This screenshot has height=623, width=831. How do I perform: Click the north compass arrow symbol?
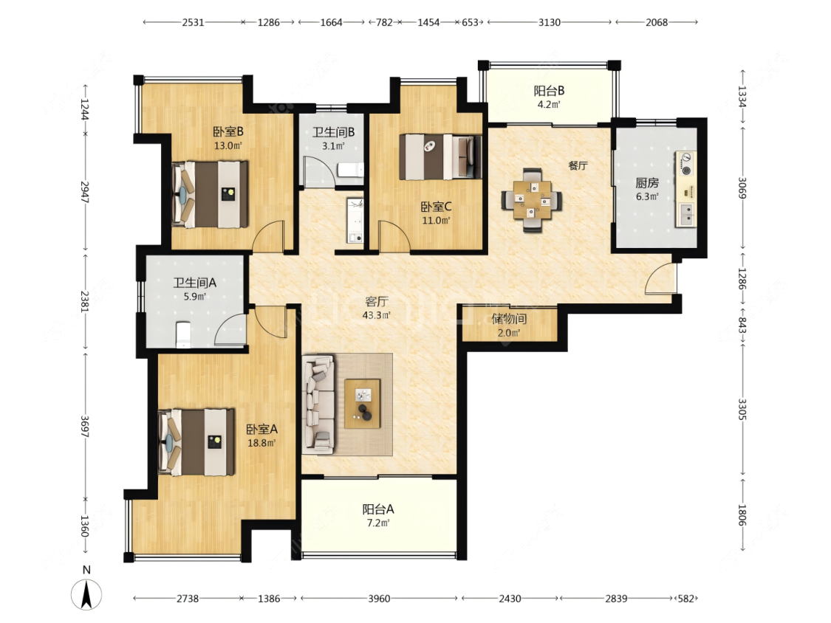[x=86, y=594]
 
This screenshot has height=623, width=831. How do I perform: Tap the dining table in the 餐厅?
[x=532, y=200]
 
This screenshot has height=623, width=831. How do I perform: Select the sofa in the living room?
[x=318, y=405]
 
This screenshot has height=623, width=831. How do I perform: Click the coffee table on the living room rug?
[x=363, y=404]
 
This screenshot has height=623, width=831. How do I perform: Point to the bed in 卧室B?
[x=210, y=194]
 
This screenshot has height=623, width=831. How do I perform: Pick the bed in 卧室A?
[x=196, y=442]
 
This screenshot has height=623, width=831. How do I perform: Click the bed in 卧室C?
[x=440, y=156]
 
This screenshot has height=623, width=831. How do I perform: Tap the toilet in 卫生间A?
[x=183, y=334]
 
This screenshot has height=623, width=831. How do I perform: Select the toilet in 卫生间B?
[x=350, y=170]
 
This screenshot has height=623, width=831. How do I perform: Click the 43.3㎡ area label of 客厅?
[x=376, y=315]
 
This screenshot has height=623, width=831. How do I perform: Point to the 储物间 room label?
[x=509, y=319]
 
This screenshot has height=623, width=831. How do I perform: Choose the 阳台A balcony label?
[x=378, y=509]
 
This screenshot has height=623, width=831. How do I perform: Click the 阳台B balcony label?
[x=549, y=91]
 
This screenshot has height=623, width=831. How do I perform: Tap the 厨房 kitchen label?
[x=647, y=183]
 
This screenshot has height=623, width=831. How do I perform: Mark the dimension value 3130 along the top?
[x=549, y=22]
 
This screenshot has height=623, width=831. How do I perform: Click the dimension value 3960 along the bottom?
[x=379, y=599]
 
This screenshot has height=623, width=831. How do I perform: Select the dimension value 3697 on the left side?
[x=85, y=427]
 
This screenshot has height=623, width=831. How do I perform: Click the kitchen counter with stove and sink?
[x=685, y=189]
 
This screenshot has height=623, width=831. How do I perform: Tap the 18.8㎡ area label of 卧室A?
[x=261, y=443]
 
